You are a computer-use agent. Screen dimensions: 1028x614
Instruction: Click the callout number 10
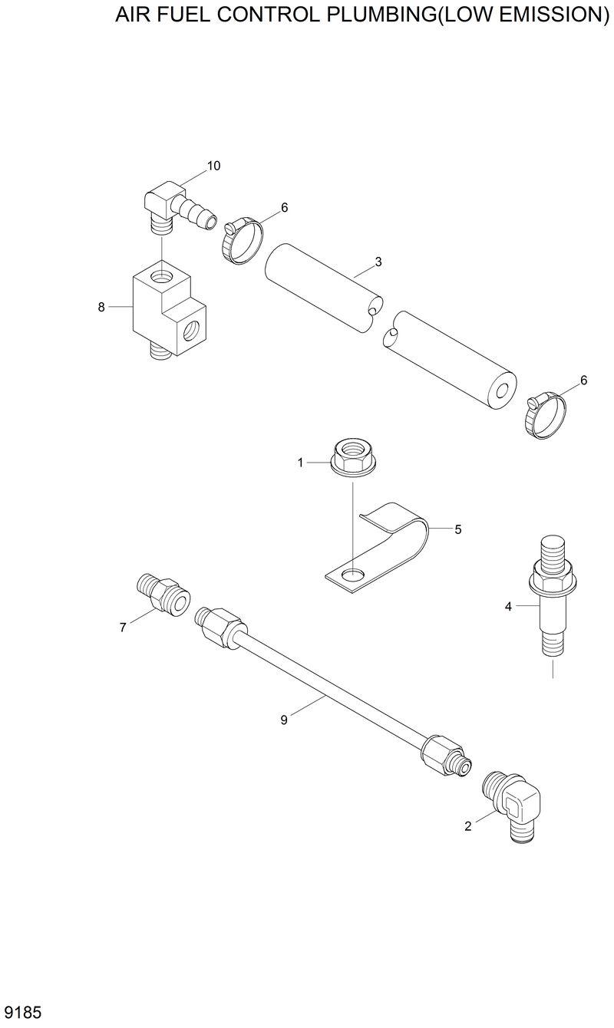[x=213, y=166]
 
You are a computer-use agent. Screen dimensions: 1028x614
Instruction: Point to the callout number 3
[x=378, y=262]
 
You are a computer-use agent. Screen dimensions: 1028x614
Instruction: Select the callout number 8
[x=101, y=307]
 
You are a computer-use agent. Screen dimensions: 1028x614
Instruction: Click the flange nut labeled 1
[x=352, y=458]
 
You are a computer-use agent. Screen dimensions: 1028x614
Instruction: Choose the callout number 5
[x=457, y=529]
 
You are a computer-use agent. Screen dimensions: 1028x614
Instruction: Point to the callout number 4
[x=508, y=607]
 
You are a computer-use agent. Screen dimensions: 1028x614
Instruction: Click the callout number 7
[x=123, y=628]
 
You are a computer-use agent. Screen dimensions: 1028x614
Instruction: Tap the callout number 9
[x=284, y=719]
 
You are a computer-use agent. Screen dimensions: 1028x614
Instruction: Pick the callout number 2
[x=467, y=825]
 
